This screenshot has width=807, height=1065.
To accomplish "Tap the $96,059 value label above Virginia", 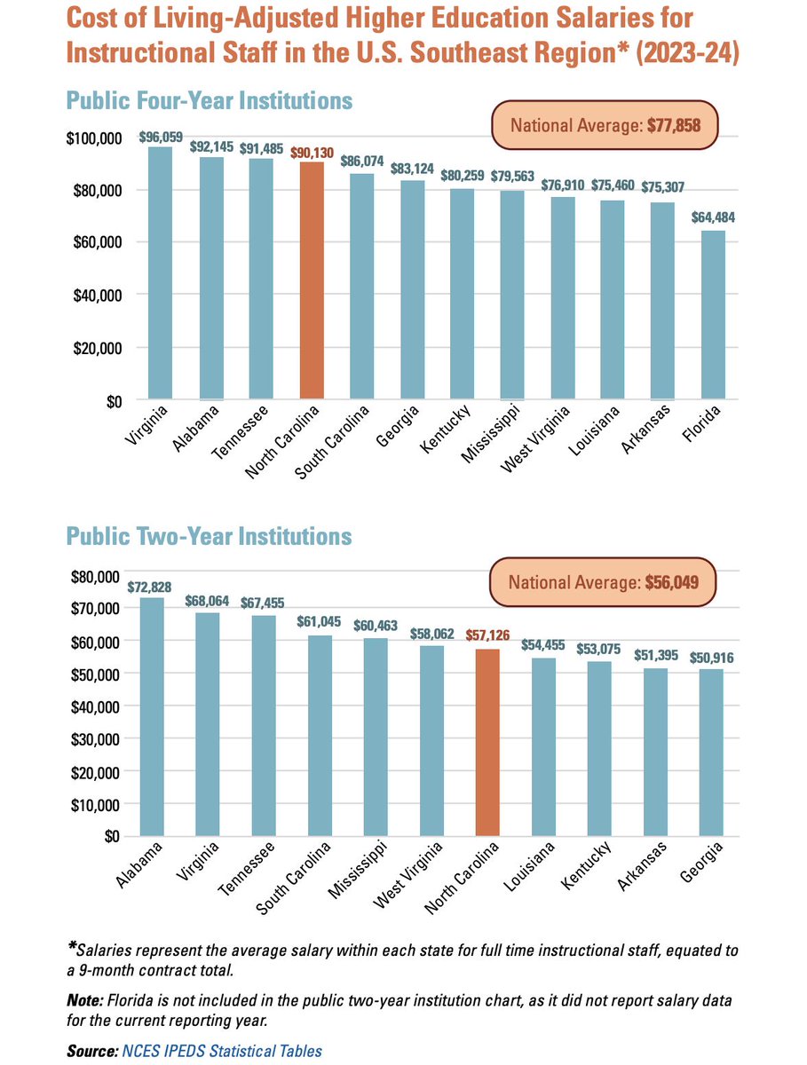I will pos(160,138).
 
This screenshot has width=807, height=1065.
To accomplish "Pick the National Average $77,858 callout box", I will pos(604,126).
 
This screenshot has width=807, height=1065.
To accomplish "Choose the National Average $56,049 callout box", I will pos(604,582).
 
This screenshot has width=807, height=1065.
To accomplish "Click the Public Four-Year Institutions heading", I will pos(210,100).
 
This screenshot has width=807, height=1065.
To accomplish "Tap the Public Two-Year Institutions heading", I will pos(210,537).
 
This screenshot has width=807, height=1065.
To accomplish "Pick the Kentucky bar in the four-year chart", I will pos(462,293).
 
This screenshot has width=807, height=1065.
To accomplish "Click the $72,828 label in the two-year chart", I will pos(152,587).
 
